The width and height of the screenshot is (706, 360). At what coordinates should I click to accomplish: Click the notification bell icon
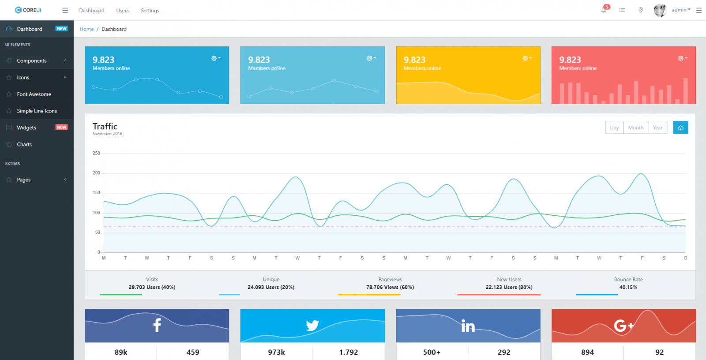click(604, 10)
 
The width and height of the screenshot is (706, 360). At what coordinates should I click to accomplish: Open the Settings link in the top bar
click(150, 11)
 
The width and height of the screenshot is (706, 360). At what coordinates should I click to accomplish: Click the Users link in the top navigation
click(122, 11)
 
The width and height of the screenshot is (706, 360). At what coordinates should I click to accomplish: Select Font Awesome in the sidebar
click(34, 94)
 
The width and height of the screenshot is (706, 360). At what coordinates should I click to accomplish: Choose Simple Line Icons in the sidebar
click(37, 111)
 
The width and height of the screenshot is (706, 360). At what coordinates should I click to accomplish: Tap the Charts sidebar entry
click(24, 145)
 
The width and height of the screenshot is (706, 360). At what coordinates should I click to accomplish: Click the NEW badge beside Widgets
click(61, 127)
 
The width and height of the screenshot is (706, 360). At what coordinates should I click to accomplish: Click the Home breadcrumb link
click(86, 29)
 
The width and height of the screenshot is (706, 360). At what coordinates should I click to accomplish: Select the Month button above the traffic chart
click(635, 127)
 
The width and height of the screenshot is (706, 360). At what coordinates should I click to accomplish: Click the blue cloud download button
click(680, 127)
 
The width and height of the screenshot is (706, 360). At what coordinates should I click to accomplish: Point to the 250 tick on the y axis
click(96, 154)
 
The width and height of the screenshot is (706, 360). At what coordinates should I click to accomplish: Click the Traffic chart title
click(105, 127)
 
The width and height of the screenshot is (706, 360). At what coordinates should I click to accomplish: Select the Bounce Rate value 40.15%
click(628, 287)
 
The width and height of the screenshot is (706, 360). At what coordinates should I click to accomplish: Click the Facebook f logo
click(157, 325)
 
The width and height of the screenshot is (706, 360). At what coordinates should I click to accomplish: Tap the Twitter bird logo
click(312, 326)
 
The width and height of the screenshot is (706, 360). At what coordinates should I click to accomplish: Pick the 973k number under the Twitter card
click(276, 352)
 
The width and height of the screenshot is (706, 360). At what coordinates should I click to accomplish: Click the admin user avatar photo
click(660, 10)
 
